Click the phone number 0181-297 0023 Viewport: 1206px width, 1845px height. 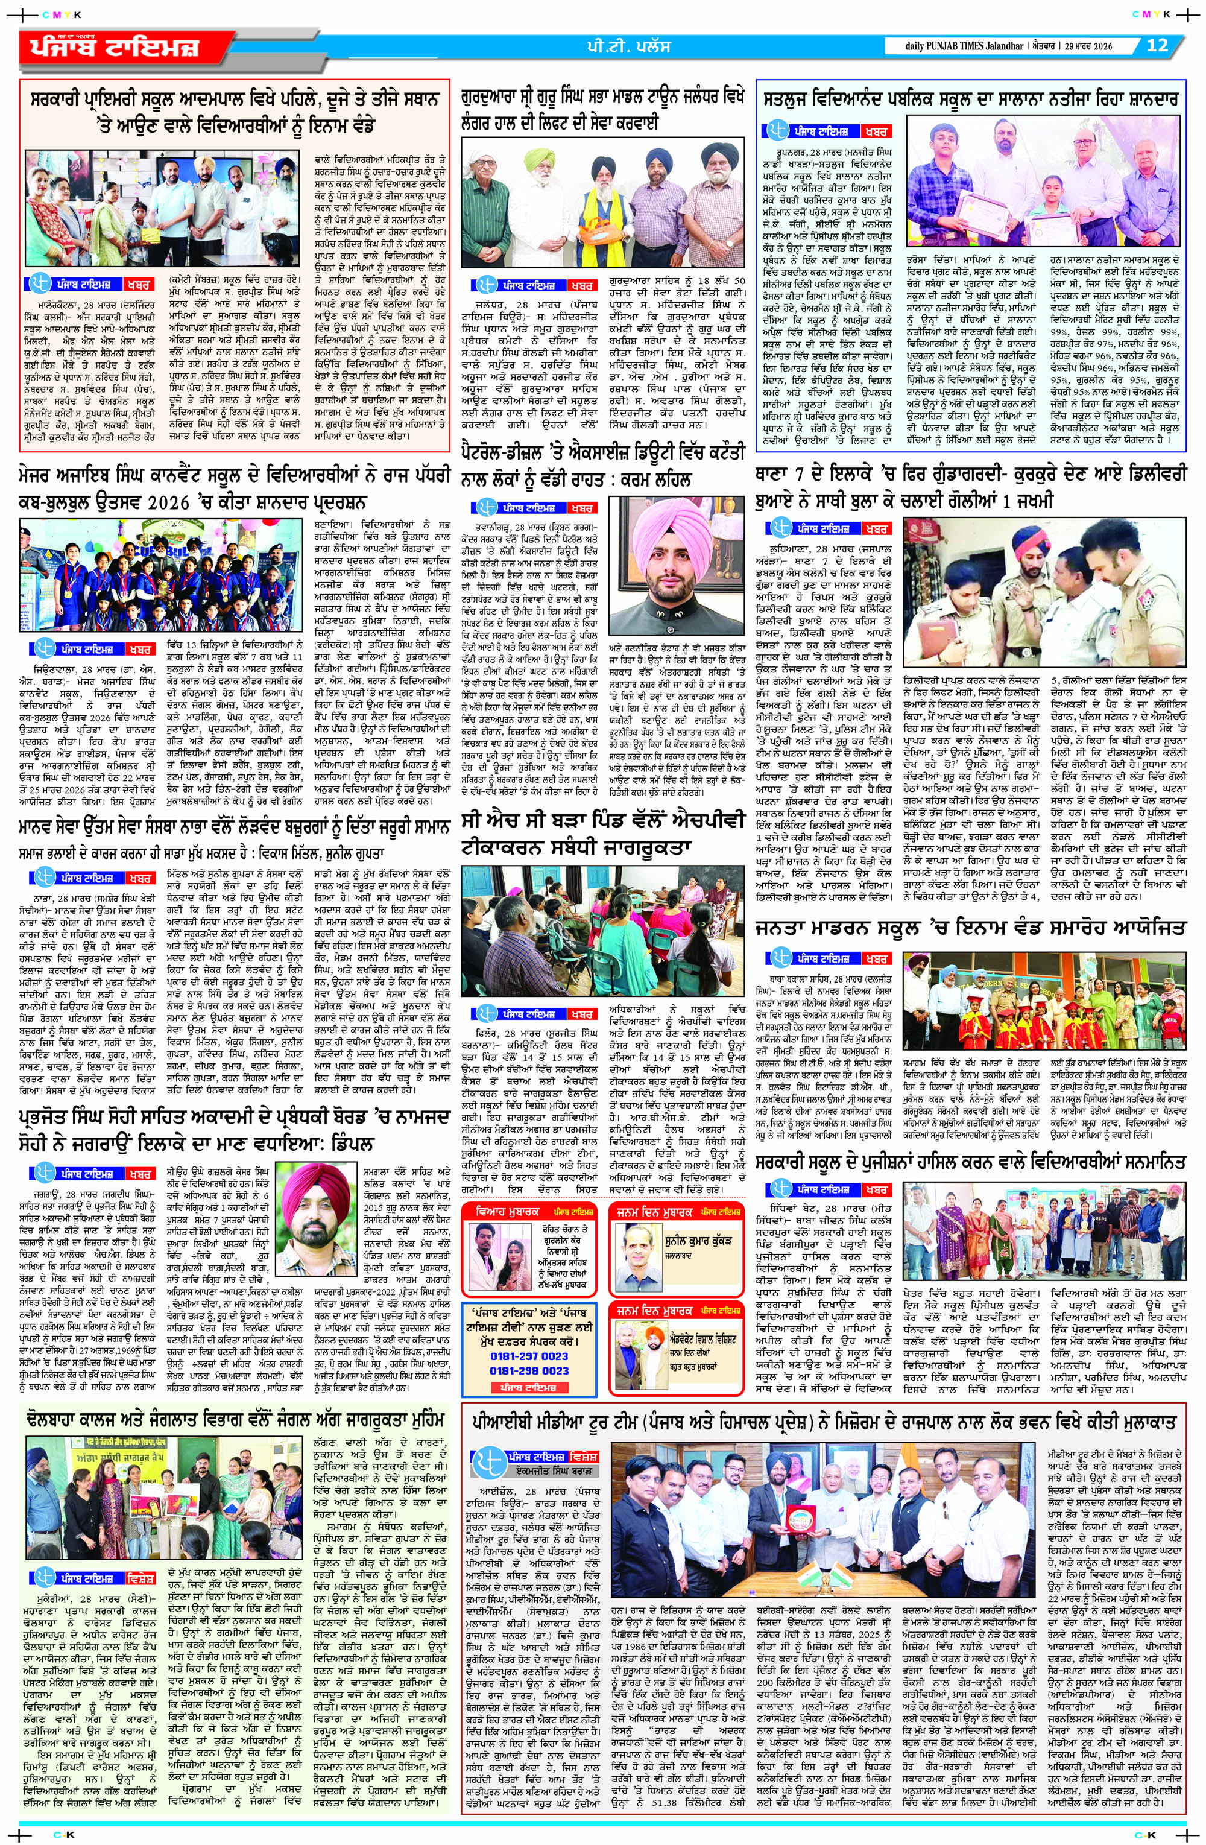[529, 1356]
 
